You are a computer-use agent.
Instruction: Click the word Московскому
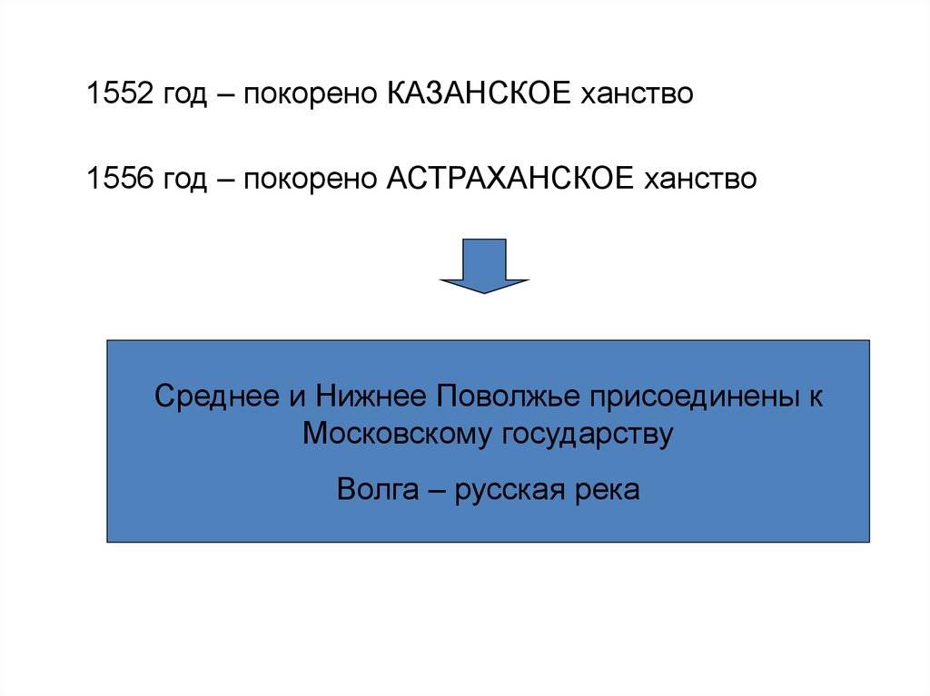click(x=396, y=434)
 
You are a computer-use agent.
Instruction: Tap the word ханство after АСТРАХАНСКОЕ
click(x=700, y=178)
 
